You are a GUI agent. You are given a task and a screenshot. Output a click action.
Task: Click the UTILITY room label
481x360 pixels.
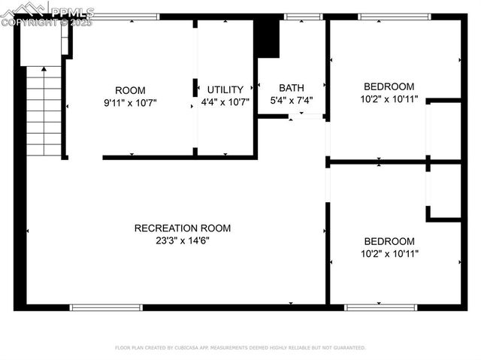[225, 90]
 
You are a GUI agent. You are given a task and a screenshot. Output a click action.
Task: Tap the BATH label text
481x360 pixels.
[291, 88]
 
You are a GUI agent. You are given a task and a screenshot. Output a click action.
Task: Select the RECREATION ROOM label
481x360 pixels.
[183, 228]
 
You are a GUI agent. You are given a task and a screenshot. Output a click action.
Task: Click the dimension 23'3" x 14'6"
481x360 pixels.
[183, 241]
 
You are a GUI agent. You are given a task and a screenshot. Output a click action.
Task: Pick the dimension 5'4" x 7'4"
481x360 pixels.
[291, 100]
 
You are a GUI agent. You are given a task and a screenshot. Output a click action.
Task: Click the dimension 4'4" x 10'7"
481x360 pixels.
[225, 102]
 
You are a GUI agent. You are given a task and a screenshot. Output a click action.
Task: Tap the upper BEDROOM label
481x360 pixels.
[389, 86]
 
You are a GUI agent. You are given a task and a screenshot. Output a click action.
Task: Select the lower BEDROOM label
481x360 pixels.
[389, 241]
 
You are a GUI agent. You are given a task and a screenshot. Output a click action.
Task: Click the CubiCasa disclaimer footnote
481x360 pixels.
[240, 348]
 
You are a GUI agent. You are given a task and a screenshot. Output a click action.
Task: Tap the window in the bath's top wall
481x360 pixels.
[304, 17]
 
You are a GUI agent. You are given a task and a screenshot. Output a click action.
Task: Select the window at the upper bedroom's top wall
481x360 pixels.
[394, 17]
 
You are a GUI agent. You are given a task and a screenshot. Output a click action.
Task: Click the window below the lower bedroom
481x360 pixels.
[380, 307]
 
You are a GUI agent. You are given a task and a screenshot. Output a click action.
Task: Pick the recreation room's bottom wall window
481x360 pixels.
[106, 307]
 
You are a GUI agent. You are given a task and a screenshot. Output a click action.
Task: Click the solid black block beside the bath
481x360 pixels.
[267, 38]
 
